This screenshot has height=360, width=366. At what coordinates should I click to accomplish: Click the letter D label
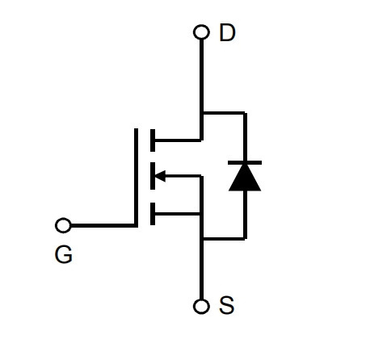pos(228,32)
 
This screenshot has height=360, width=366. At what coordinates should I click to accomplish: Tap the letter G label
pos(64,254)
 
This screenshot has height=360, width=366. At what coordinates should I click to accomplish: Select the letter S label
pos(227,305)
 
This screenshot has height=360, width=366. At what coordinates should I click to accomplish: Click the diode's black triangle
pos(245,177)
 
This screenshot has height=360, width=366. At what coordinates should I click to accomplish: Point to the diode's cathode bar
pos(245,162)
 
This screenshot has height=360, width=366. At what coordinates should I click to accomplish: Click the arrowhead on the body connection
pos(160,176)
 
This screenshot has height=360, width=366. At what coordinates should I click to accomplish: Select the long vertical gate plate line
pos(136,178)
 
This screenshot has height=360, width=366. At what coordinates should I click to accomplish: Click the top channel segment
pos(153,140)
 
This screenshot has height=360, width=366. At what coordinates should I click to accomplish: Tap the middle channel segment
pos(153,176)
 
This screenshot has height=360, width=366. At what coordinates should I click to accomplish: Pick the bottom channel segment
pos(153,214)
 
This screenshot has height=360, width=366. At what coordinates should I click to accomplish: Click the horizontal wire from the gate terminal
pos(103,225)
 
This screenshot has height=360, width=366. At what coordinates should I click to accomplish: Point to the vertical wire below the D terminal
pos(201,90)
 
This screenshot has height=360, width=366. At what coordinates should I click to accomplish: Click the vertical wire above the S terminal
pos(201,237)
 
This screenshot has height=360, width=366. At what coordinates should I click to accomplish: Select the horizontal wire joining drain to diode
pos(224,113)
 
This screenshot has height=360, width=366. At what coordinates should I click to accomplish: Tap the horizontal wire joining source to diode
pos(224,238)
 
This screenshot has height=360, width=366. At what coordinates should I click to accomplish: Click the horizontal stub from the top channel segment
pos(178,140)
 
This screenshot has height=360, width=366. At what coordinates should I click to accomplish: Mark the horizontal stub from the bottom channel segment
pos(178,214)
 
